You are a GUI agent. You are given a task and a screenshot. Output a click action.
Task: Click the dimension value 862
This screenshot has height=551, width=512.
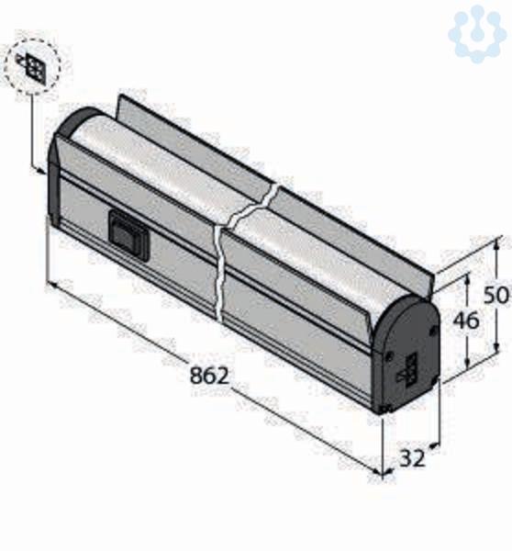[x=209, y=375]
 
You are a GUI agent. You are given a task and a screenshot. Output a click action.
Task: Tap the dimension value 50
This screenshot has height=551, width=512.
[x=495, y=295]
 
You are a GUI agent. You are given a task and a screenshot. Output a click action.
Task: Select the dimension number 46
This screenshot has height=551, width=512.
[x=465, y=320]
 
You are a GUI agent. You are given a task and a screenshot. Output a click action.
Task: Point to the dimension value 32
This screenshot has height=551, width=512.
[x=412, y=458]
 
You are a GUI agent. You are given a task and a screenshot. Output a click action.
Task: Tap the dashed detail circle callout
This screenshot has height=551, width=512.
[x=33, y=67]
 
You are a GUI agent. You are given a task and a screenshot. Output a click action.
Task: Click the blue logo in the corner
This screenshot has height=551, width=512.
[x=477, y=34]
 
